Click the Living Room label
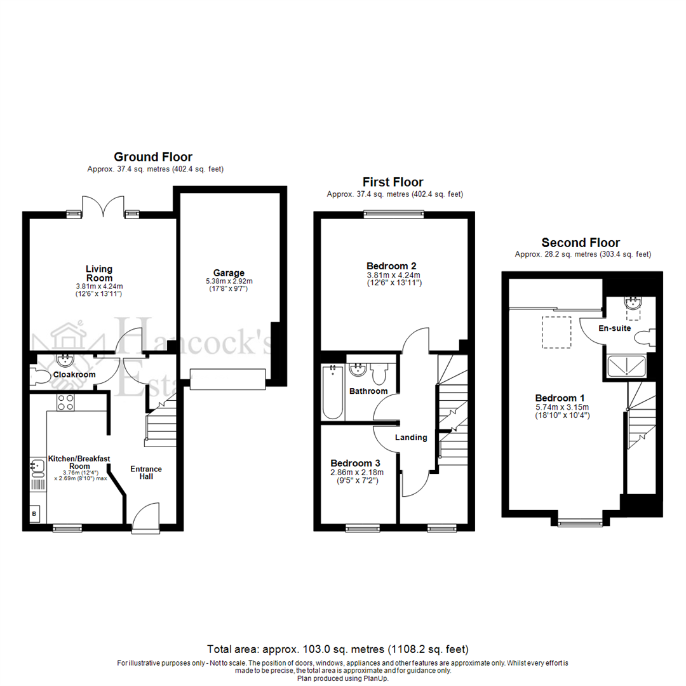(99, 273)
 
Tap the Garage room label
(229, 273)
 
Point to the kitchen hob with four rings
(65, 402)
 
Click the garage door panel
(227, 379)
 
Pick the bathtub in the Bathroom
(332, 392)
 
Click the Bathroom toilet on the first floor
(380, 374)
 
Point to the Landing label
(410, 437)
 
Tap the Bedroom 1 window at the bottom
(579, 523)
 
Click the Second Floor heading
(580, 243)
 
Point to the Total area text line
(337, 649)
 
